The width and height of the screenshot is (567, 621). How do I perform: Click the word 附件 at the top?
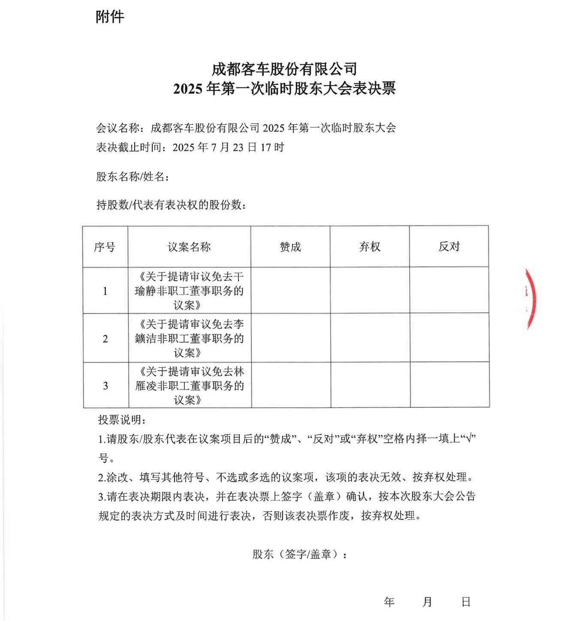pyautogui.click(x=110, y=17)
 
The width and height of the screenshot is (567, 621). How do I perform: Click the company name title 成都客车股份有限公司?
pyautogui.click(x=284, y=69)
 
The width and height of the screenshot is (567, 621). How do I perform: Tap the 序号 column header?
pyautogui.click(x=105, y=247)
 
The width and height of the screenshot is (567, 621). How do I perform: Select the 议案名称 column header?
pyautogui.click(x=189, y=247)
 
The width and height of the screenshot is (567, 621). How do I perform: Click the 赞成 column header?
pyautogui.click(x=290, y=247)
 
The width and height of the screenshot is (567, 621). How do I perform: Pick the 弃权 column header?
pyautogui.click(x=370, y=247)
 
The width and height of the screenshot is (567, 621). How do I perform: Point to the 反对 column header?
pyautogui.click(x=449, y=246)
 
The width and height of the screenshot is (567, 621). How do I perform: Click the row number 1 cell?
pyautogui.click(x=105, y=291)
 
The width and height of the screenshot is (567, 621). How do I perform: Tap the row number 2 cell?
pyautogui.click(x=105, y=339)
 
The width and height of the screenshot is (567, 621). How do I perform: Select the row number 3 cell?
pyautogui.click(x=106, y=386)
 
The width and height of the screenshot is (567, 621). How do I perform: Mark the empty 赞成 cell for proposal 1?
pyautogui.click(x=290, y=291)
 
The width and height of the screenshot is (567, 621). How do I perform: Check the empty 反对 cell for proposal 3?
pyautogui.click(x=449, y=385)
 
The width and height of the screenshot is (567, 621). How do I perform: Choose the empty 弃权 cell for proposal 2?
pyautogui.click(x=370, y=338)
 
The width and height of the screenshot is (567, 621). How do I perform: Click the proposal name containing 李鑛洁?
pyautogui.click(x=189, y=338)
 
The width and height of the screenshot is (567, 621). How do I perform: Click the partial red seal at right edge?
pyautogui.click(x=531, y=299)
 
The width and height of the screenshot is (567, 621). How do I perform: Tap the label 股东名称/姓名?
pyautogui.click(x=132, y=177)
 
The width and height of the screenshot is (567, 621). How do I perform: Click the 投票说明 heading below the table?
pyautogui.click(x=122, y=420)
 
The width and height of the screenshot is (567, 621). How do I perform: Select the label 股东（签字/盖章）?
pyautogui.click(x=299, y=554)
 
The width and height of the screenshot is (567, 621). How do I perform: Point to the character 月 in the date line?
pyautogui.click(x=427, y=602)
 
